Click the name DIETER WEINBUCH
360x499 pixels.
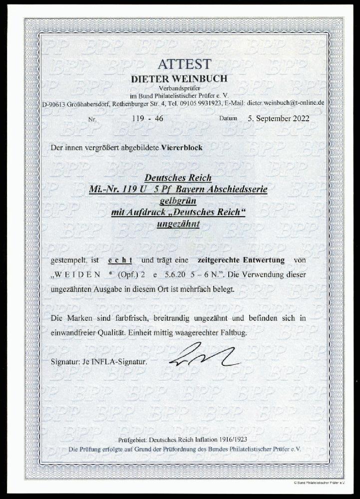pyautogui.click(x=179, y=78)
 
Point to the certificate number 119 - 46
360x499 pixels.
pyautogui.click(x=156, y=119)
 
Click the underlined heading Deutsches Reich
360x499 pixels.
pyautogui.click(x=178, y=177)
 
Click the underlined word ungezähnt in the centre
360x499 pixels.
pyautogui.click(x=178, y=224)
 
